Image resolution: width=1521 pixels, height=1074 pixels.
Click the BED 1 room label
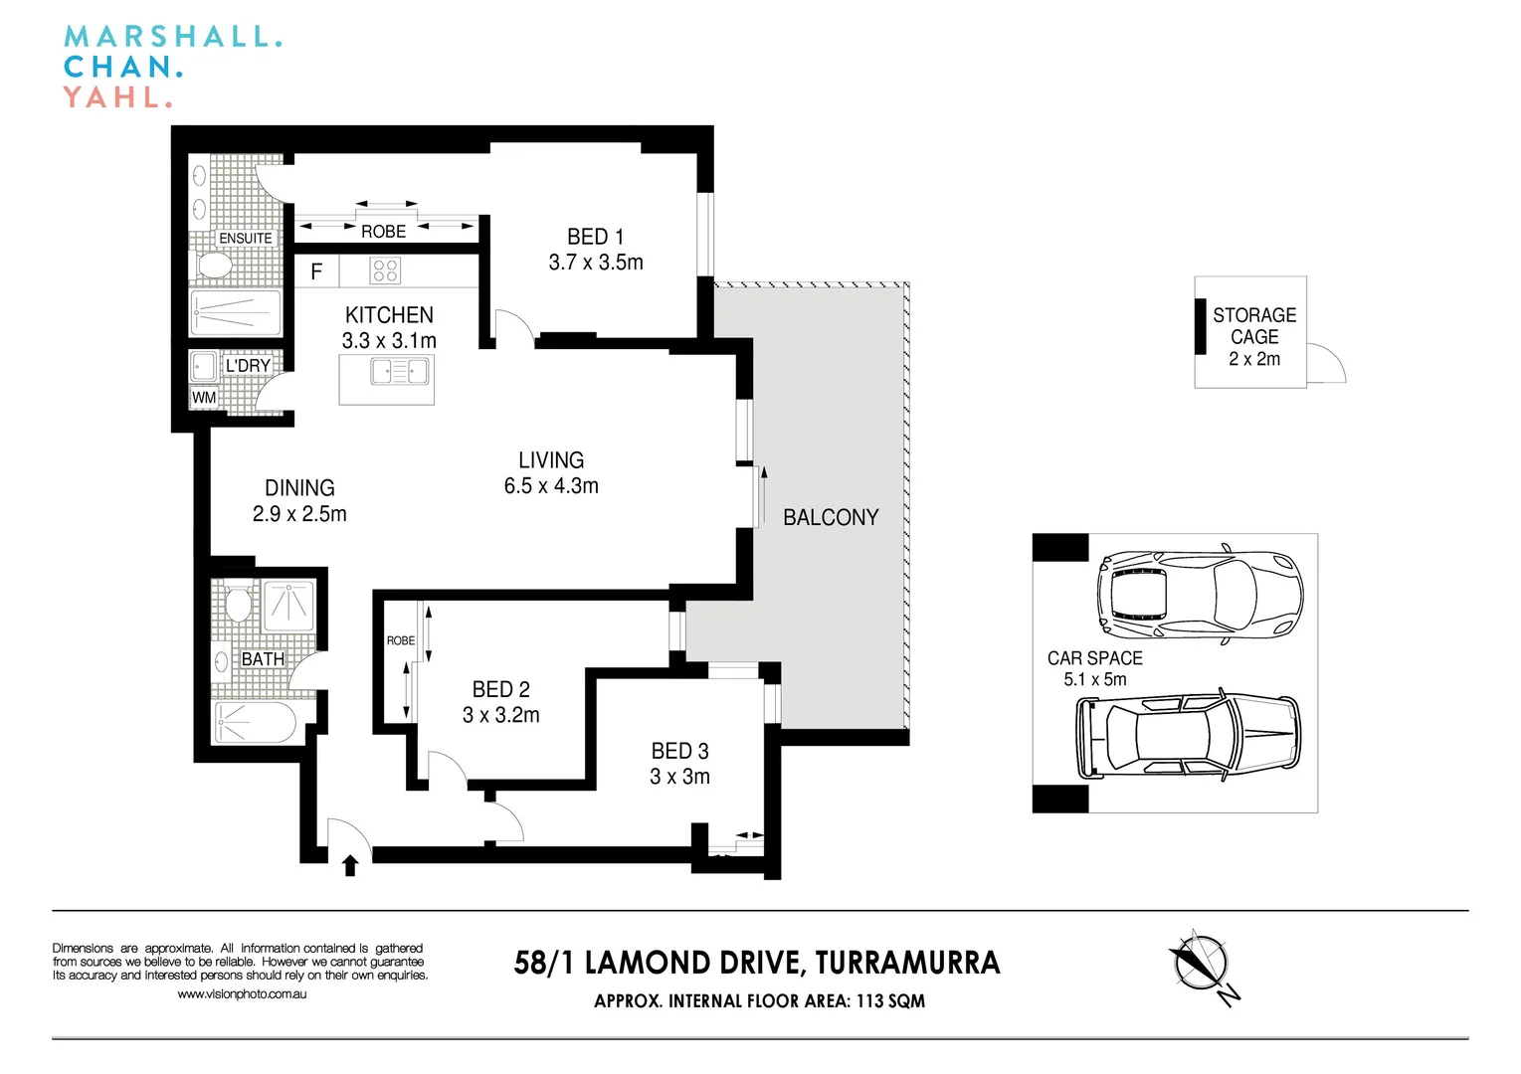coord(596,237)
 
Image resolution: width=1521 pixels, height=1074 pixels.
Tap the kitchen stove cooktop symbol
coord(385,270)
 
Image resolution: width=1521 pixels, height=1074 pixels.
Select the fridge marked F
coord(316,271)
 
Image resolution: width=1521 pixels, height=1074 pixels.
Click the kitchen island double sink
coord(399,372)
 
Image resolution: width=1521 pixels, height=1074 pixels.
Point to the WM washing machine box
coord(204,397)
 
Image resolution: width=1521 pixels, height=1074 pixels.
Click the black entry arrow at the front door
coord(350,865)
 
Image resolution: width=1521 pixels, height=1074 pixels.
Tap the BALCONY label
coord(831,517)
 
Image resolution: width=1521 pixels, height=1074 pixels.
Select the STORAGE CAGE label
coord(1254,326)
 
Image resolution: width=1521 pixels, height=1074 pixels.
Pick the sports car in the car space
coord(1200,594)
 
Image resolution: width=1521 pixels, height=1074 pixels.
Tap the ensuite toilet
coord(214,265)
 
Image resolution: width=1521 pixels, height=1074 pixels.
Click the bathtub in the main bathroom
coord(255,722)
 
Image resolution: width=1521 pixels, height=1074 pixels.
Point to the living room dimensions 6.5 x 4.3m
coord(551,486)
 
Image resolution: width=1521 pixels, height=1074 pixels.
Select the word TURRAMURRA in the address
coord(907,963)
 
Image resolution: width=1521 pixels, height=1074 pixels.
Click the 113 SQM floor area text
coord(890,1001)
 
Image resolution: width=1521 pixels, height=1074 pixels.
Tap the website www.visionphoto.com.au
coord(242,994)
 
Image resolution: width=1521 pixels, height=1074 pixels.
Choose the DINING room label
coord(299,488)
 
